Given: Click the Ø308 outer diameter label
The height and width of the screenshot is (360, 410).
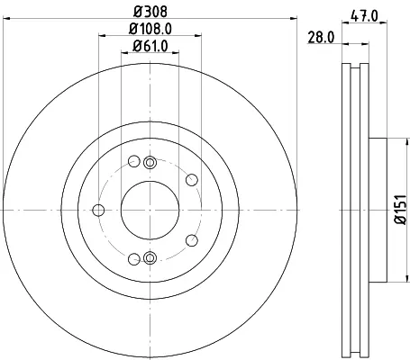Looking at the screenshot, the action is coord(150,12).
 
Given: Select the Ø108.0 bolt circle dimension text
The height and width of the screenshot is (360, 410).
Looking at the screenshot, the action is coord(150,29).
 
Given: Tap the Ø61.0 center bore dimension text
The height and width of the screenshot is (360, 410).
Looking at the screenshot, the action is coord(150,46).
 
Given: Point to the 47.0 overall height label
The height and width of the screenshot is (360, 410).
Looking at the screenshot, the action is coord(364,16).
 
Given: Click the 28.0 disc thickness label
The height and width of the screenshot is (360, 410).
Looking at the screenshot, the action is coord(321,38).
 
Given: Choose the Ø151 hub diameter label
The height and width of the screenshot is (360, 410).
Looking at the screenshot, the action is coord(400,210).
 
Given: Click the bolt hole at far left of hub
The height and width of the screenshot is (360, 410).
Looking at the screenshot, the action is coord(98,210).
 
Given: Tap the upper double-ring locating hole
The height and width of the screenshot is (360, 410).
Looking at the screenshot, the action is coord(150,162).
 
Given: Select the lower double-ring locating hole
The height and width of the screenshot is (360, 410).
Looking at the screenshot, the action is coord(150,257).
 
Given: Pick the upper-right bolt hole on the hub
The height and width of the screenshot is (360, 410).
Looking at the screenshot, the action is coord(192,180).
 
